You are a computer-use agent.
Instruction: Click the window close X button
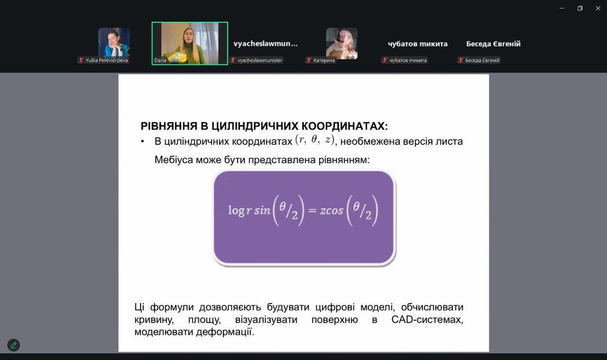(x=598, y=8)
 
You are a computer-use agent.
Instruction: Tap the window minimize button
(x=562, y=8)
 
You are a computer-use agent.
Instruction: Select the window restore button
(x=580, y=8)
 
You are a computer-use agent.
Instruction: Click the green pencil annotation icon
(x=14, y=345)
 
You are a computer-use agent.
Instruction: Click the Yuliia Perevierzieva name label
(x=107, y=61)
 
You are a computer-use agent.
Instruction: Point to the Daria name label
(x=160, y=61)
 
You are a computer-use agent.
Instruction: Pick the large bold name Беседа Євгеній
(x=493, y=44)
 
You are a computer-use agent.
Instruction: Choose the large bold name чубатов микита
(x=418, y=44)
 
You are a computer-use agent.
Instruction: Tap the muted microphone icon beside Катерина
(x=309, y=61)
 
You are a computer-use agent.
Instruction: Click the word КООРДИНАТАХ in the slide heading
(x=345, y=126)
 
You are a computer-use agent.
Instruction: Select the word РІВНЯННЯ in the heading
(x=169, y=126)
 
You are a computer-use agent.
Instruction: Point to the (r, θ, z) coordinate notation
(x=315, y=140)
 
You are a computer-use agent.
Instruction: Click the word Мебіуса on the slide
(x=173, y=160)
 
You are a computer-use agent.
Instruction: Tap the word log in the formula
(x=236, y=210)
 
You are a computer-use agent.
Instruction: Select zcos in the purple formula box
(x=332, y=210)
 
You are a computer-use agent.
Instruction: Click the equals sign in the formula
(x=313, y=210)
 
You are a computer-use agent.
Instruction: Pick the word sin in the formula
(x=262, y=210)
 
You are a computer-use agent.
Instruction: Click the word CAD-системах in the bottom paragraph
(x=427, y=320)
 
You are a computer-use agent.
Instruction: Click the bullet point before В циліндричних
(x=143, y=141)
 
